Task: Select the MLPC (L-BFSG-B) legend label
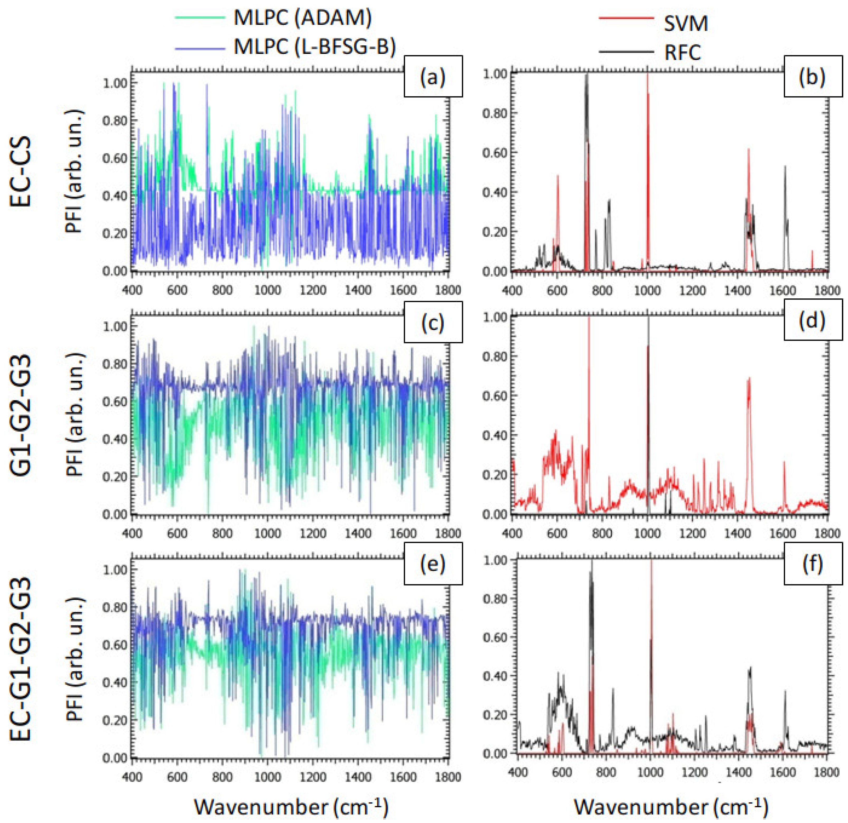click(x=314, y=46)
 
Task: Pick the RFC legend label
click(x=682, y=53)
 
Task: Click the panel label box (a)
click(x=433, y=76)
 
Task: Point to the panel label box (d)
click(x=813, y=320)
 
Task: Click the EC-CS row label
click(x=21, y=172)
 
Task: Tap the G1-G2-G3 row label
click(x=21, y=416)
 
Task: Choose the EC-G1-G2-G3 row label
click(x=21, y=659)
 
